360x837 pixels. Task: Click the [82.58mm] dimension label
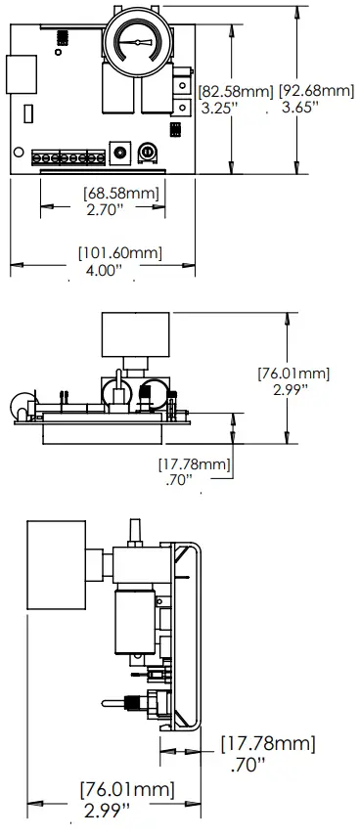pos(235,91)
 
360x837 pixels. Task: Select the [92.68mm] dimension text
pos(316,91)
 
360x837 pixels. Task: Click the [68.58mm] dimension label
pos(120,193)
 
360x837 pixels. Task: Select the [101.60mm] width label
pos(119,253)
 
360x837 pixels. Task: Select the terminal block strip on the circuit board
pos(68,156)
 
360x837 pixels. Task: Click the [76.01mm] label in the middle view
pos(292,373)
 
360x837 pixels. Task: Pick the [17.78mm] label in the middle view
pos(194,463)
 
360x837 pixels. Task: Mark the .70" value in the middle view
pos(176,480)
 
